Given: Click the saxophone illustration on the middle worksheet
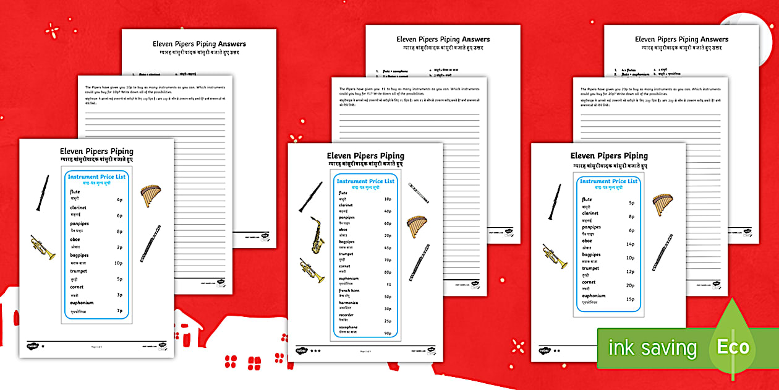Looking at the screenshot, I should [x=317, y=235].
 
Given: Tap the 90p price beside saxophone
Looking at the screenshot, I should [x=388, y=334].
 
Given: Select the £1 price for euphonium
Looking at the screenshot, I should [x=388, y=285].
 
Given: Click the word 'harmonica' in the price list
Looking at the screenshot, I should [x=348, y=303].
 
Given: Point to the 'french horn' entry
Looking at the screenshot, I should [x=349, y=290].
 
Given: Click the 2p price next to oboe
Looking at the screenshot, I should [x=119, y=247].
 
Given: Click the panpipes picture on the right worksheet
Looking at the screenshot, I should [x=662, y=204].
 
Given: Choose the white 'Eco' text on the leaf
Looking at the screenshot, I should [x=733, y=347].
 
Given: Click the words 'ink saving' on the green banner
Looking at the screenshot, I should [x=652, y=348].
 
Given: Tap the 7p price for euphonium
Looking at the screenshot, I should [x=119, y=311].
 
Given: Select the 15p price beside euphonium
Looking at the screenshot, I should [x=631, y=299].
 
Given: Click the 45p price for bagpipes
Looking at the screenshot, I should [x=388, y=248].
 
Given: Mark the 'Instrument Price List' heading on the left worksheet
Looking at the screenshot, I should [x=97, y=177].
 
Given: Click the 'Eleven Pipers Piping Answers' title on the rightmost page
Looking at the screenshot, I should [x=673, y=40].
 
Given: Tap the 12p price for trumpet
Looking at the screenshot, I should [x=631, y=272].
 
